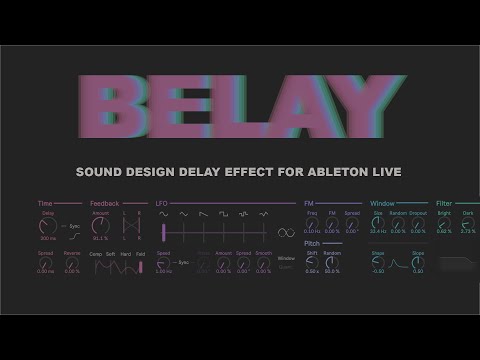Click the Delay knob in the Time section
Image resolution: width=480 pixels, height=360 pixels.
point(48,225)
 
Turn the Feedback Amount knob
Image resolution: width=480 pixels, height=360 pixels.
point(100,225)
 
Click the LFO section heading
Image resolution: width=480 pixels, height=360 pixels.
point(161,202)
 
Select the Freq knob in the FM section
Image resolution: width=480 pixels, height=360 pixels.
point(312,222)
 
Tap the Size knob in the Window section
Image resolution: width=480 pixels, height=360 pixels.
point(378,222)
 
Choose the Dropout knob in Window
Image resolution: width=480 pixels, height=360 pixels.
point(419,222)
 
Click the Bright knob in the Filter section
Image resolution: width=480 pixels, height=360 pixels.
point(444,222)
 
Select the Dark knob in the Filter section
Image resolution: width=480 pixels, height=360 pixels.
point(468,222)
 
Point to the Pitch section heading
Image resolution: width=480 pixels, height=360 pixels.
point(312,242)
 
